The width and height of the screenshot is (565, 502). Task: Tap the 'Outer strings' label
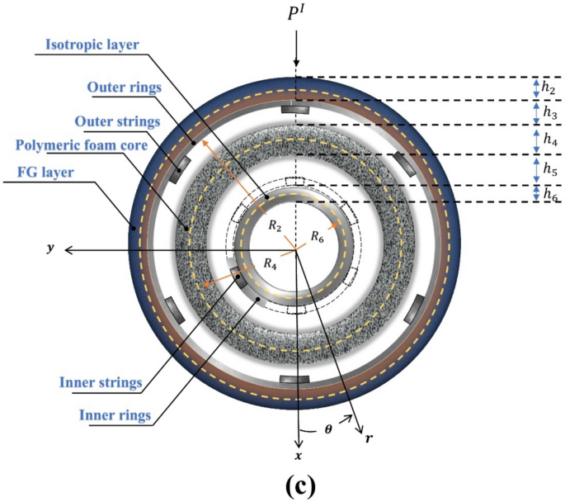click(x=123, y=121)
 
